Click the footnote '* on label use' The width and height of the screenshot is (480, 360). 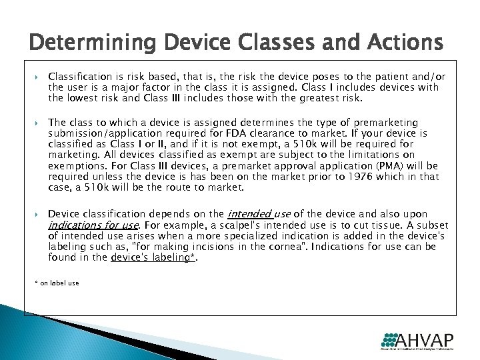point(57,283)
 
